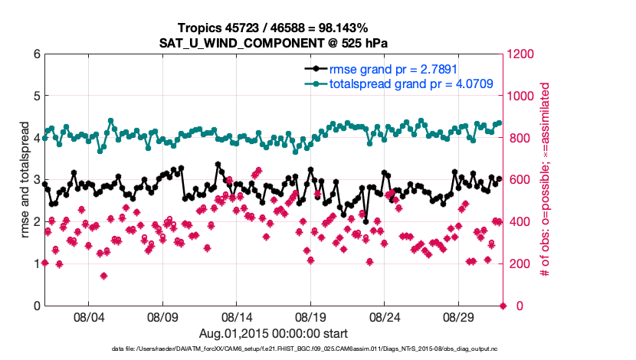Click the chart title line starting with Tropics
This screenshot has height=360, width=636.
[272, 28]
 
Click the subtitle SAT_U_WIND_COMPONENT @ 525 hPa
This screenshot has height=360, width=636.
[272, 42]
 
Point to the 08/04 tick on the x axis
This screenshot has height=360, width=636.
[88, 316]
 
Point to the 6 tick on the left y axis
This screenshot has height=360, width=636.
[36, 54]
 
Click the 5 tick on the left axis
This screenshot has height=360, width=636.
[36, 97]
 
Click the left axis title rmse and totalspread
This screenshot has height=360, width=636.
[23, 180]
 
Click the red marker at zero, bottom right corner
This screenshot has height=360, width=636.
[503, 306]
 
